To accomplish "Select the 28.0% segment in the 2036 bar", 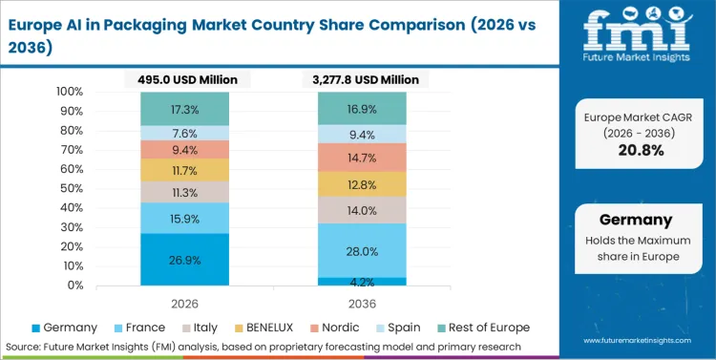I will pyautogui.click(x=362, y=250).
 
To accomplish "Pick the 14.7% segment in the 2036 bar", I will pyautogui.click(x=362, y=157).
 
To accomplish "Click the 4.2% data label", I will pyautogui.click(x=362, y=282).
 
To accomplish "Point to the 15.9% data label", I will pyautogui.click(x=185, y=219).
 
